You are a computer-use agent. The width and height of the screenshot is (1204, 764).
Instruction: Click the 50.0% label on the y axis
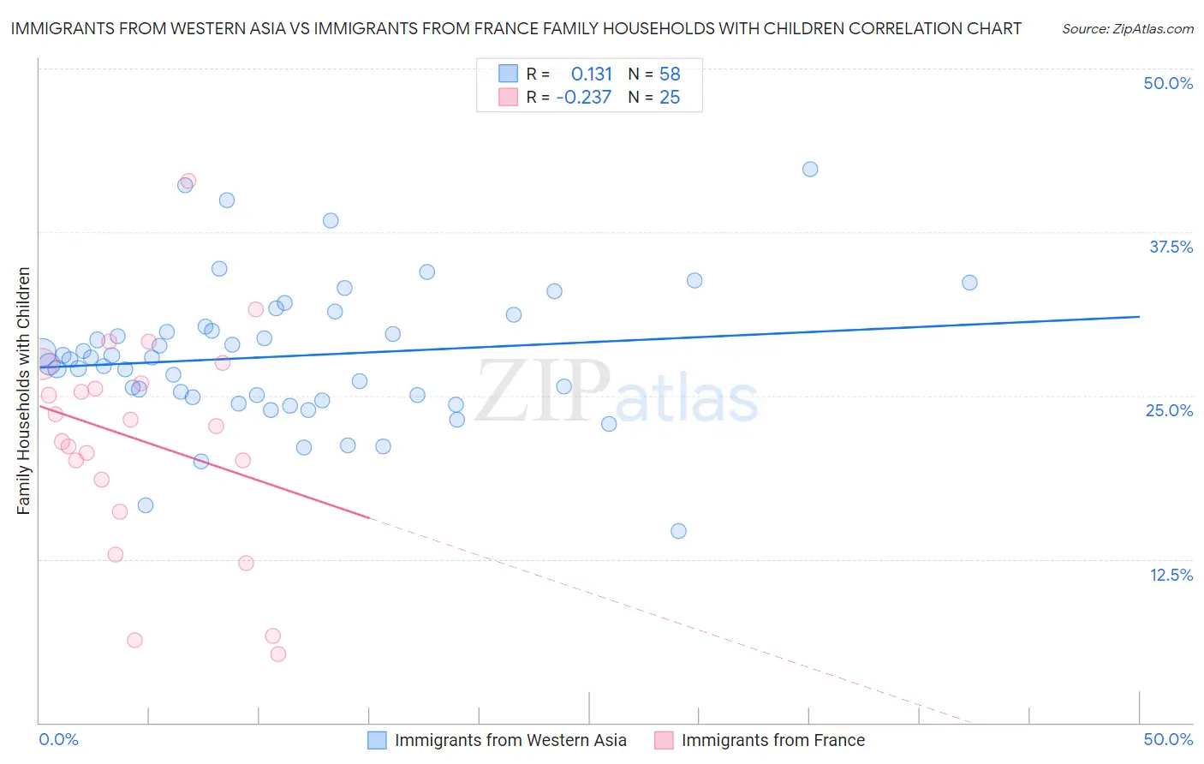[x=1168, y=83]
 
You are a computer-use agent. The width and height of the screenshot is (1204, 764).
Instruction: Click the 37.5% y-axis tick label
[x=1171, y=247]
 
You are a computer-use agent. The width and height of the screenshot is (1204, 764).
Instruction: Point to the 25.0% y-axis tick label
[x=1169, y=410]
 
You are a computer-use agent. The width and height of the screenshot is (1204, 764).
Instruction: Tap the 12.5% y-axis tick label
[x=1171, y=575]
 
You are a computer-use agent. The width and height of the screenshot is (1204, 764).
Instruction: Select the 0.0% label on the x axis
[x=58, y=739]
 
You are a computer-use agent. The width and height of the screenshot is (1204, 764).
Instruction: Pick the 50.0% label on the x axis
[x=1168, y=739]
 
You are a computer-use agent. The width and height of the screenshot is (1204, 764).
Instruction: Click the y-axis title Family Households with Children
[x=24, y=391]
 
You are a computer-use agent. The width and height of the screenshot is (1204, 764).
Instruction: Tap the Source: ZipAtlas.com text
[x=1127, y=28]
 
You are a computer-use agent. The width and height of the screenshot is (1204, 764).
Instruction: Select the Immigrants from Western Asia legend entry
[x=510, y=740]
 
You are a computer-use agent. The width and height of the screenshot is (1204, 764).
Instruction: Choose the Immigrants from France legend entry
[x=772, y=740]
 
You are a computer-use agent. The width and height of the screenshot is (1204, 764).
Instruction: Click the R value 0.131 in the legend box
[x=591, y=74]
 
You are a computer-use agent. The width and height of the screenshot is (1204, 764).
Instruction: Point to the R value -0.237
[x=584, y=98]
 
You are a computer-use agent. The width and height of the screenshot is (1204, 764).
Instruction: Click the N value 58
[x=670, y=74]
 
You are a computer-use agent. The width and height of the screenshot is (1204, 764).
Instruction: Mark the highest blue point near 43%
[x=810, y=169]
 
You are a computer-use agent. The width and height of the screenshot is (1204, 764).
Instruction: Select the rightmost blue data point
[x=969, y=283]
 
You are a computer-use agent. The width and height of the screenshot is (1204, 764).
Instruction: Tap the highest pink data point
[x=188, y=181]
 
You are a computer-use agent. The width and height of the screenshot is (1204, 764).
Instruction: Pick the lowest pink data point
[x=278, y=654]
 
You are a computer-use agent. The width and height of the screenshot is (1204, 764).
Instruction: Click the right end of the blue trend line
[x=1140, y=317]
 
